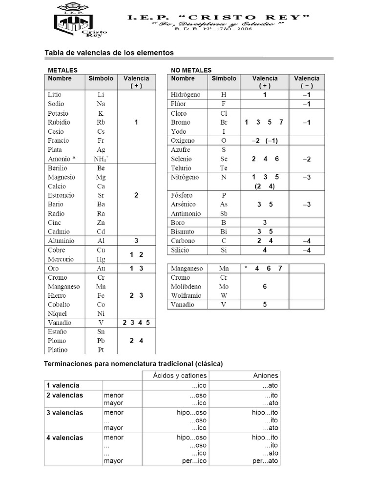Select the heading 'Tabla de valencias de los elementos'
pos(109,52)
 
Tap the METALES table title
pos(62,70)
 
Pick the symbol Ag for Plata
pos(101,150)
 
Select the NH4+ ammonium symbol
pos(101,159)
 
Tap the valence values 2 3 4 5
pos(136,323)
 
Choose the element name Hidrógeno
pos(185,95)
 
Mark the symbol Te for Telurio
pos(224,168)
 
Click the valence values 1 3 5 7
pos(264,123)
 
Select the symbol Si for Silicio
pos(224,250)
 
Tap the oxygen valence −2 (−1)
pos(264,141)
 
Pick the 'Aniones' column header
pos(266,375)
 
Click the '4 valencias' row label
pos(65,437)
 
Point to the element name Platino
pos(58,350)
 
